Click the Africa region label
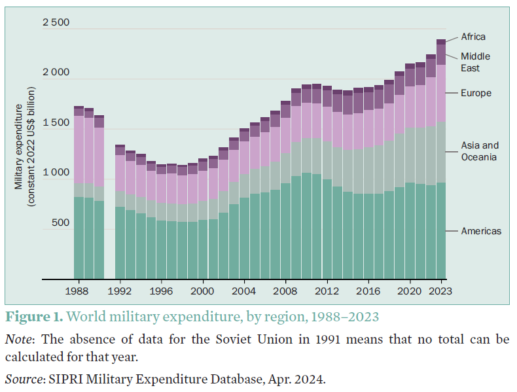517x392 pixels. point(473,37)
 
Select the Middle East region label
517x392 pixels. point(474,62)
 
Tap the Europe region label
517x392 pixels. point(476,93)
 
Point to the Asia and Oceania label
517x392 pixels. point(479,151)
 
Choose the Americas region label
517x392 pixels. point(481,231)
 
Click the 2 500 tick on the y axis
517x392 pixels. point(56,23)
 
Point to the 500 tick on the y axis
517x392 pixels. point(62,223)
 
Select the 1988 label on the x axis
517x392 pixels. point(78,290)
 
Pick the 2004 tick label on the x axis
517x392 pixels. point(244,290)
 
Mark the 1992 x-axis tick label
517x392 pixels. point(120,290)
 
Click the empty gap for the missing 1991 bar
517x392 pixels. point(109,216)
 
